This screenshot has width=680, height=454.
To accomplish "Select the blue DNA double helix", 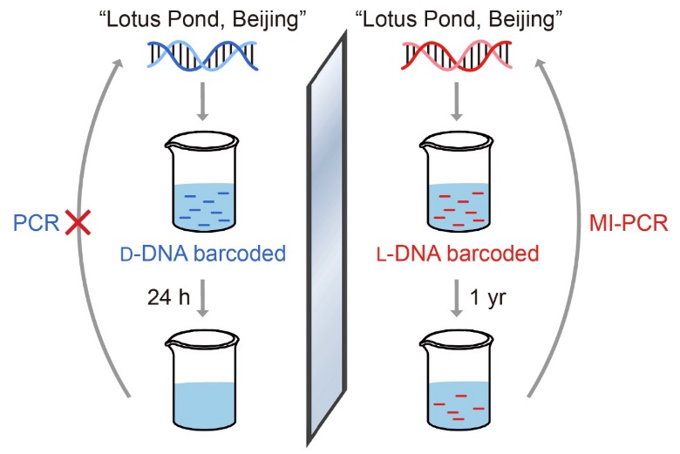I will tap(201, 59).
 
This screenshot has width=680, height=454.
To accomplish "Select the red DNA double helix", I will tap(457, 59).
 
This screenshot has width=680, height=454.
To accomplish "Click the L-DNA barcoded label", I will tap(456, 255).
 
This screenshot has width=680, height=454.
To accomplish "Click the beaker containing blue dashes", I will tap(202, 187).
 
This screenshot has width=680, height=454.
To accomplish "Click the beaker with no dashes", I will tap(202, 383).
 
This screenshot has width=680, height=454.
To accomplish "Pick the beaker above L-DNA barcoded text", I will tap(457, 187).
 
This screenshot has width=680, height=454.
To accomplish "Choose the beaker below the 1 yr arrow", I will tap(457, 383).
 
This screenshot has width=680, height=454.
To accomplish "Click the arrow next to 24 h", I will tap(202, 297).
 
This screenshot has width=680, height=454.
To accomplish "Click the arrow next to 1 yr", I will tap(457, 297).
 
